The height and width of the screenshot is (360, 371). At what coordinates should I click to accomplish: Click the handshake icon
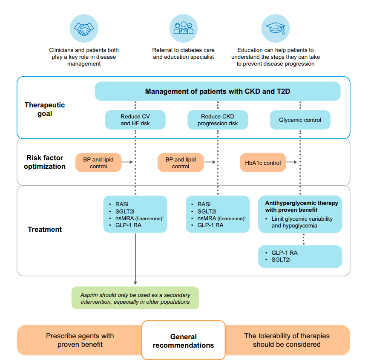pos(84,29)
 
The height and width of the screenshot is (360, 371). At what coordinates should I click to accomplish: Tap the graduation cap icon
pos(275,29)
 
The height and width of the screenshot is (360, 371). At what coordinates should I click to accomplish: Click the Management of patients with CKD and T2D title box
pos(217,91)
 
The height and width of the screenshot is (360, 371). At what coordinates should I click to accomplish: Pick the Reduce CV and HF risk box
pos(135,120)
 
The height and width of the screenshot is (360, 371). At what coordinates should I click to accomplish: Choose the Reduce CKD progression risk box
pos(218,120)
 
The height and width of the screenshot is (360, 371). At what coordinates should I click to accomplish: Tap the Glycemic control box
pos(300,120)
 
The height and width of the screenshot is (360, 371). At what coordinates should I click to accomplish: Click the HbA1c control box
pos(263,163)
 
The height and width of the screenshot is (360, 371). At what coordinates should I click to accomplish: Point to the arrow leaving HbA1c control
pos(292,162)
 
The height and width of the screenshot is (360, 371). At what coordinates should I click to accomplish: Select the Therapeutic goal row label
pos(45,109)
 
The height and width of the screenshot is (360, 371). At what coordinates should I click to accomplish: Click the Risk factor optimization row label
pos(45,162)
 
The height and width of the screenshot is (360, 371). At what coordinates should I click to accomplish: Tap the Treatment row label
pos(45,229)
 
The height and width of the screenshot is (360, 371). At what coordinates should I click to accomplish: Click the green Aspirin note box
pos(135,298)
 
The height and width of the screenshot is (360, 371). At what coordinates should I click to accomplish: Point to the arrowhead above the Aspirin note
pos(135,282)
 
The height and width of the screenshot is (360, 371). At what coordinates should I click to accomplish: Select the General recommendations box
pos(183,341)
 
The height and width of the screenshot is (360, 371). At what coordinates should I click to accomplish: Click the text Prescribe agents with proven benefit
pos(80,340)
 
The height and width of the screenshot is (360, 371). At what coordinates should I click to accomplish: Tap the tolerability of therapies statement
pos(287,340)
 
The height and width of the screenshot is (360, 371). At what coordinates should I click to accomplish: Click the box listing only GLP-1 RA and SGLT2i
pos(300,256)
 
